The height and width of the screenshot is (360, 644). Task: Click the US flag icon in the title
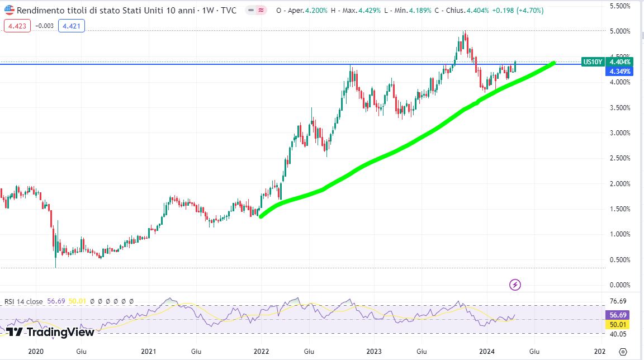coord(10,11)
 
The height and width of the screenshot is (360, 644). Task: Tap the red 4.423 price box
coord(17,25)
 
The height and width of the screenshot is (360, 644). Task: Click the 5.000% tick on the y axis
coord(621,31)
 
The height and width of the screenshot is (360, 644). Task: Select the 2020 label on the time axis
coord(36,351)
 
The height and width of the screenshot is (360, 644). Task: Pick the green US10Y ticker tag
coord(593,62)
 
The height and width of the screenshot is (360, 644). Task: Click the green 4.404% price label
coord(621,62)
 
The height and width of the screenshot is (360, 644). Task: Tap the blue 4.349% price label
coord(621,72)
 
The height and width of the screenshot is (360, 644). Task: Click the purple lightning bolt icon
coord(515,285)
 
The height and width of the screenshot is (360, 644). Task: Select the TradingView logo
coord(50,332)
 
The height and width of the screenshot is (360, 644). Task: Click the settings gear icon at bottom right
coord(623,352)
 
